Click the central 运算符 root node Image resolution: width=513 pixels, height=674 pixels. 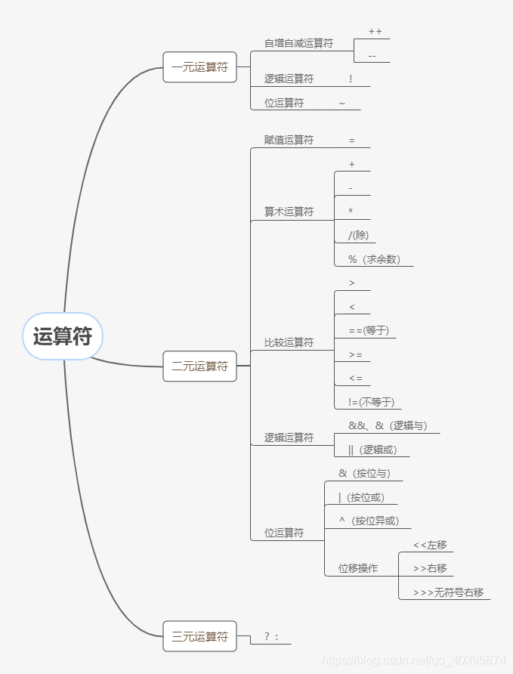(63, 336)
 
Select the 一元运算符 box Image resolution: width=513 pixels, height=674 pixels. (199, 67)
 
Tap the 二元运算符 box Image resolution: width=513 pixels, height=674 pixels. (199, 366)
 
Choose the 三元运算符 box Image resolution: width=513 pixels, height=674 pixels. (199, 636)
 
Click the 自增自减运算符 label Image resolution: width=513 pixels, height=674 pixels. (298, 44)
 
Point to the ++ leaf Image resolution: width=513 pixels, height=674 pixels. (375, 32)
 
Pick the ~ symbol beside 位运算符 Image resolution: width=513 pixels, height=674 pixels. (342, 104)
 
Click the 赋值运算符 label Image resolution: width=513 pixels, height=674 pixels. (289, 141)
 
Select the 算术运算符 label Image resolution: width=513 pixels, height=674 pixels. (289, 212)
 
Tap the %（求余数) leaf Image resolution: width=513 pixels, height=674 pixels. (374, 259)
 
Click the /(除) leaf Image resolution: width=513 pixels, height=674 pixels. (358, 235)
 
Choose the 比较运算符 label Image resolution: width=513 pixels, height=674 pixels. (289, 342)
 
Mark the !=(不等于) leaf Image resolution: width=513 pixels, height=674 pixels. (371, 402)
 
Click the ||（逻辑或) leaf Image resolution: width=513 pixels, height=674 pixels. (372, 450)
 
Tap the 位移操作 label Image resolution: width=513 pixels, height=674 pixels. (358, 568)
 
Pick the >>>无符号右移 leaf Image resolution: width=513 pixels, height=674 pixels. (448, 592)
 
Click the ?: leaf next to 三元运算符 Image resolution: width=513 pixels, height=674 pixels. (272, 637)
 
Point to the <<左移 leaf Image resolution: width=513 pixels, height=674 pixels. (430, 545)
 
